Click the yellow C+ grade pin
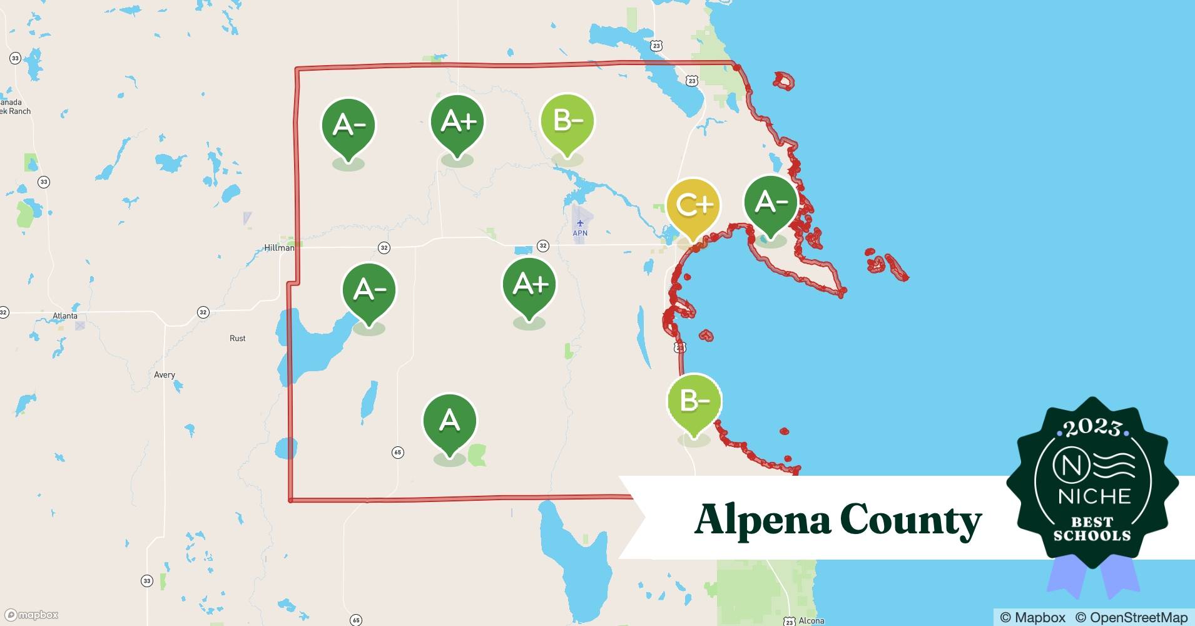click(x=693, y=205)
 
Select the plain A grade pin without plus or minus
click(x=450, y=421)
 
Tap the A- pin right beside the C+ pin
click(x=770, y=203)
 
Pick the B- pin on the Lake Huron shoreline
click(x=694, y=401)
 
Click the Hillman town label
click(x=279, y=248)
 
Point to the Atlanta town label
click(x=65, y=316)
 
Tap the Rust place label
click(x=238, y=338)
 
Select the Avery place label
click(x=165, y=375)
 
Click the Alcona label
click(x=811, y=620)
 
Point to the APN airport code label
click(x=580, y=233)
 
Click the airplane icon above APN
click(x=580, y=223)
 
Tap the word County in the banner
click(x=910, y=520)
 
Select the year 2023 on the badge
click(x=1092, y=428)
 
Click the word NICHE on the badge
click(x=1094, y=496)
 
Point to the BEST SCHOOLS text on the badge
click(x=1092, y=528)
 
